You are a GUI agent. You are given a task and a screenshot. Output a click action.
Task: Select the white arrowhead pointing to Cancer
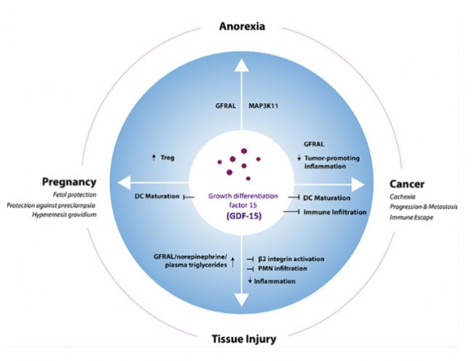(x=356, y=184)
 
